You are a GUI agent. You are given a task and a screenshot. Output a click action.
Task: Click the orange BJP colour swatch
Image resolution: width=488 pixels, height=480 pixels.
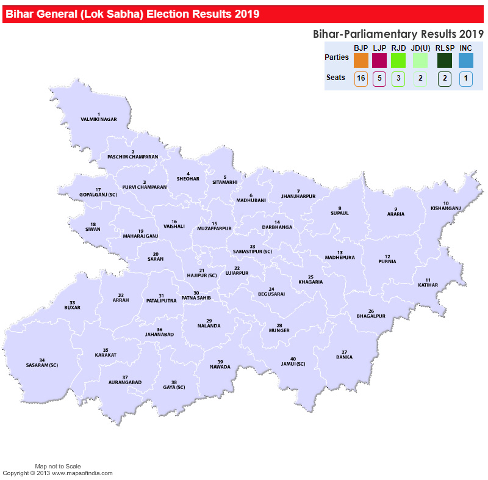pyautogui.click(x=361, y=60)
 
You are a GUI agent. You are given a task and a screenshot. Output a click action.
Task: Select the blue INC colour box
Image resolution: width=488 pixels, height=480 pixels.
pyautogui.click(x=466, y=60)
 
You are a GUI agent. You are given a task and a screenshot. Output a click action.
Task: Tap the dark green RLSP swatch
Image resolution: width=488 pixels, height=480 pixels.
pyautogui.click(x=445, y=60)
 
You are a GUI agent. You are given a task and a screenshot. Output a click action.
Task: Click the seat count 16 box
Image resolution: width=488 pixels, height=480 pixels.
pyautogui.click(x=361, y=79)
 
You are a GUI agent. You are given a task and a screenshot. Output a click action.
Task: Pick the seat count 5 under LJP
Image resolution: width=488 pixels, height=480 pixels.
pyautogui.click(x=379, y=79)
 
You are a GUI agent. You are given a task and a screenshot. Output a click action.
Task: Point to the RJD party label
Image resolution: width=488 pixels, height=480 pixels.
pyautogui.click(x=398, y=48)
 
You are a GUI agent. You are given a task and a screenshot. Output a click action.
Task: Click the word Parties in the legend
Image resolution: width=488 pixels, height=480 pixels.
pyautogui.click(x=337, y=57)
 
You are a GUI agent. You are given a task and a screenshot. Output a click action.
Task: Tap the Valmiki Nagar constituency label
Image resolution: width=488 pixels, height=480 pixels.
pyautogui.click(x=98, y=120)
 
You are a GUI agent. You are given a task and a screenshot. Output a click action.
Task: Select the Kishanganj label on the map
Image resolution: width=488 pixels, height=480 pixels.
pyautogui.click(x=446, y=208)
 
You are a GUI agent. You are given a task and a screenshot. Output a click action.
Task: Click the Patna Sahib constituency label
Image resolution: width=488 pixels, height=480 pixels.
pyautogui.click(x=196, y=297)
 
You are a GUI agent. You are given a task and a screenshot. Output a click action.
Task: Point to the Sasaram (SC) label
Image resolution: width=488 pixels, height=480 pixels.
pyautogui.click(x=41, y=365)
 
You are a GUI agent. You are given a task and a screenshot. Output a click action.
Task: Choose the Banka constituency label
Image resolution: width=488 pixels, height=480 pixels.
pyautogui.click(x=344, y=357)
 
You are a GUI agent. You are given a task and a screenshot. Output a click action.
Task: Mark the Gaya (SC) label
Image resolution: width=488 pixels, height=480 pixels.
pyautogui.click(x=174, y=387)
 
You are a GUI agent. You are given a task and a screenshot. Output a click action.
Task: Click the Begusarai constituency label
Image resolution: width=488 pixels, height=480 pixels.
pyautogui.click(x=271, y=294)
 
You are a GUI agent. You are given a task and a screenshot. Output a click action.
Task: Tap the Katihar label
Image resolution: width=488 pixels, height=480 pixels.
pyautogui.click(x=428, y=285)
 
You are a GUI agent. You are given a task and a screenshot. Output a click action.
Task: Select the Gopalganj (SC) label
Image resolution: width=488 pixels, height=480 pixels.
pyautogui.click(x=98, y=194)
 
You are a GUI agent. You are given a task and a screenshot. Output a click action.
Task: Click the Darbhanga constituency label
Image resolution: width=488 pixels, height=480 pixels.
pyautogui.click(x=277, y=227)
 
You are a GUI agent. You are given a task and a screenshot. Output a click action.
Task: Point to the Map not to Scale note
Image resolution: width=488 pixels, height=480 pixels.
pyautogui.click(x=58, y=466)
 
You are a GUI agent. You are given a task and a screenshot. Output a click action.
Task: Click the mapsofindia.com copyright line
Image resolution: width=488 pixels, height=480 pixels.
pyautogui.click(x=58, y=473)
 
